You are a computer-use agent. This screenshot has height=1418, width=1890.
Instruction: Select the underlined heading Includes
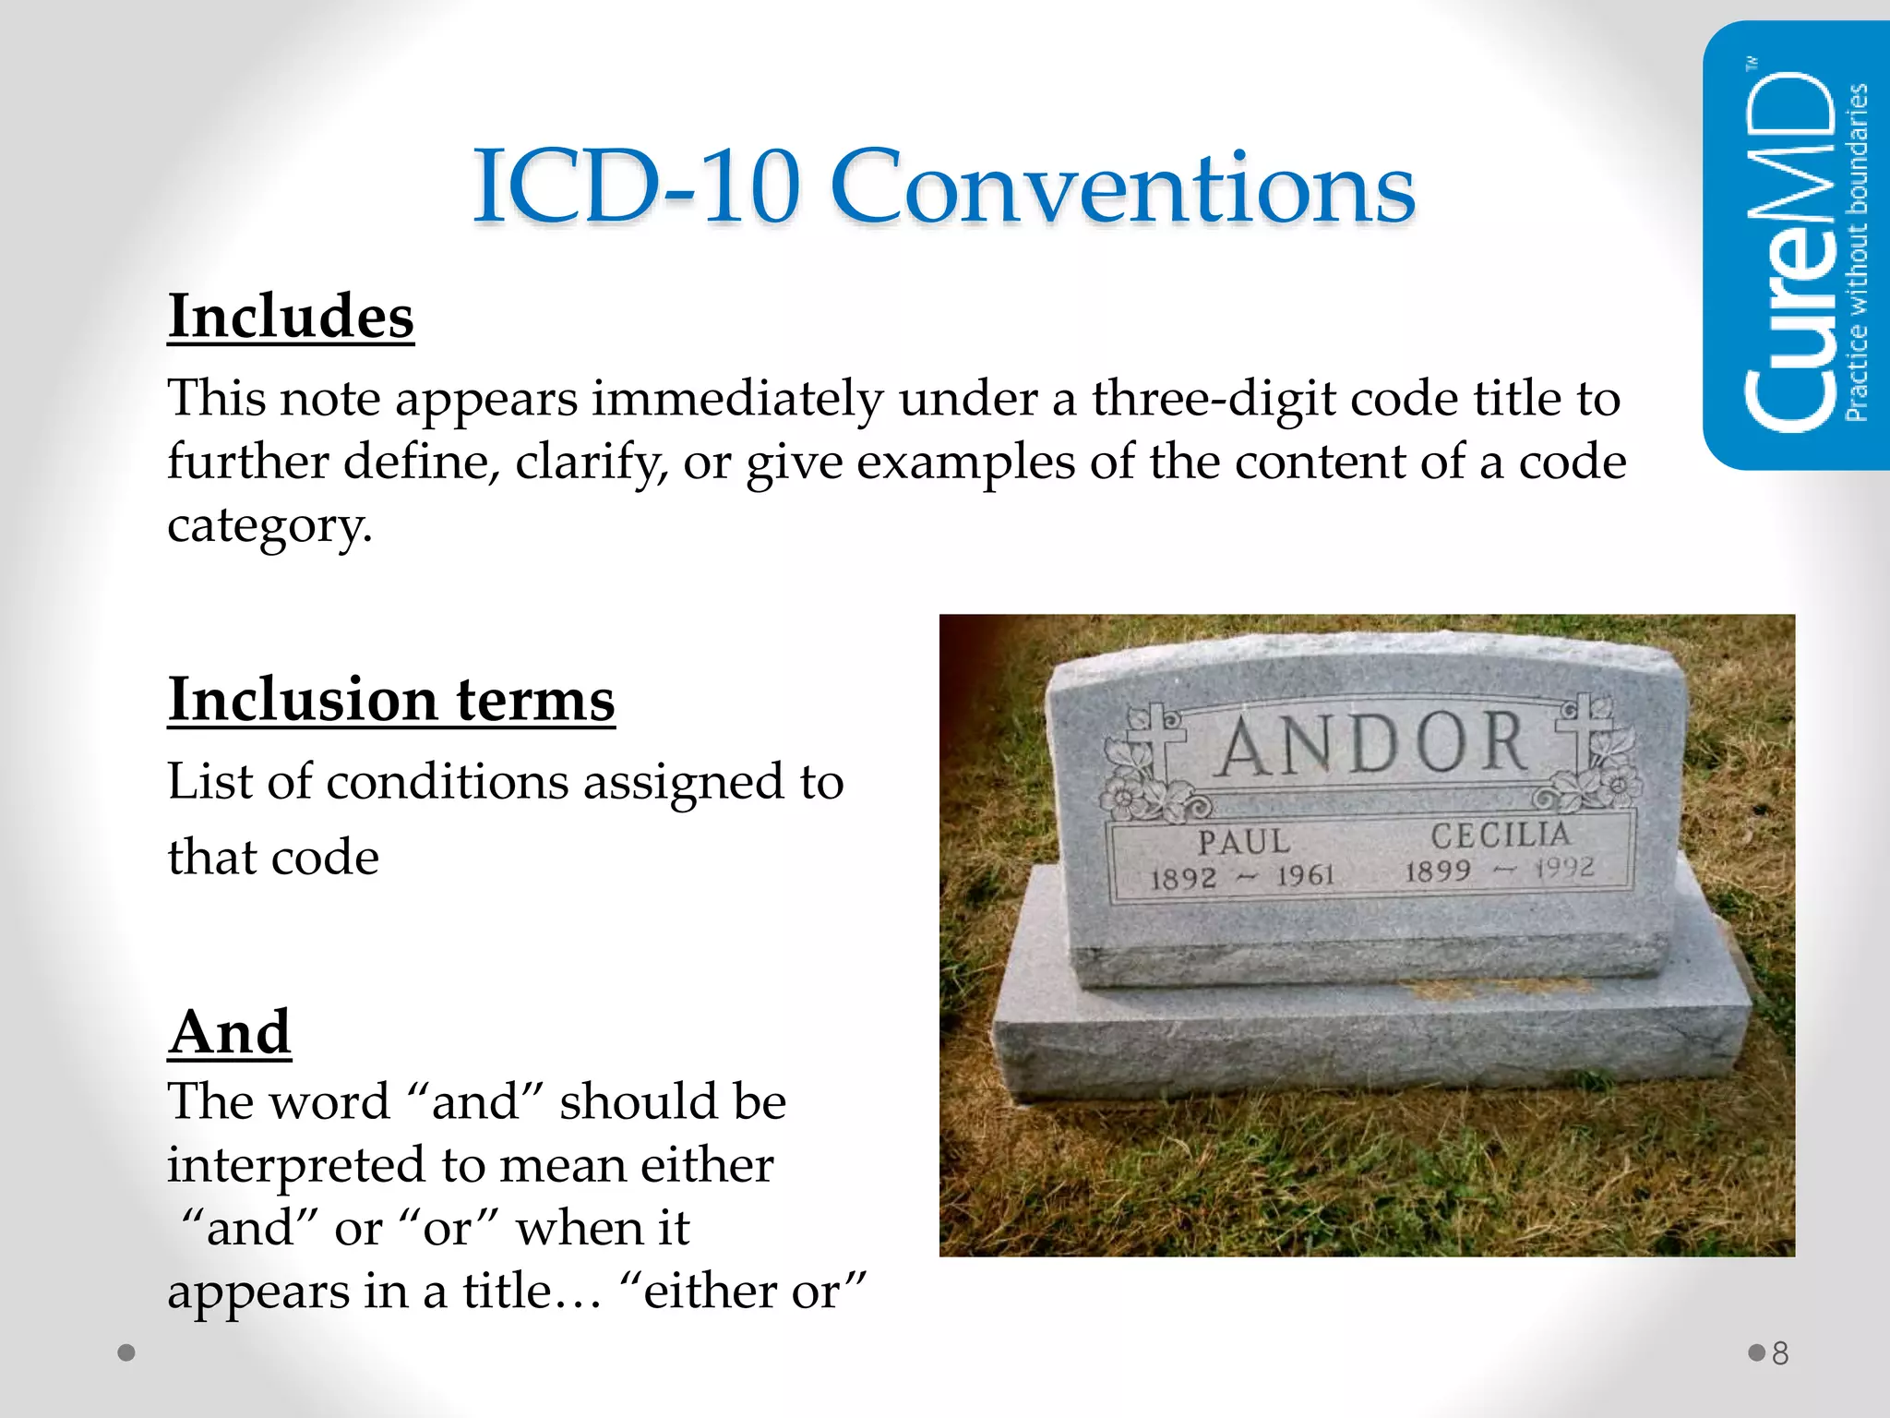(x=291, y=317)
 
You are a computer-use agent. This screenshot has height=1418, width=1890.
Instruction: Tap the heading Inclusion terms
(x=391, y=700)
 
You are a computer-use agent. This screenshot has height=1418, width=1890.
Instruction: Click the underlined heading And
(x=230, y=1031)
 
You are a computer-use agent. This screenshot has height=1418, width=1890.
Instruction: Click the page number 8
(x=1780, y=1353)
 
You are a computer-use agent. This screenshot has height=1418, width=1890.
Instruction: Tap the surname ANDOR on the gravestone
(x=1371, y=744)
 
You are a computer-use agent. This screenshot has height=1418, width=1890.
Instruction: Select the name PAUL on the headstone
(x=1244, y=842)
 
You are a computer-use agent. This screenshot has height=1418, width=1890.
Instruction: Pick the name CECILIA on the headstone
(x=1501, y=835)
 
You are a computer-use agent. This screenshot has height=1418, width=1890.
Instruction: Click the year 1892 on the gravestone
(x=1184, y=877)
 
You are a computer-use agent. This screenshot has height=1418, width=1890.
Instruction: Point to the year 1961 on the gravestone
(x=1305, y=874)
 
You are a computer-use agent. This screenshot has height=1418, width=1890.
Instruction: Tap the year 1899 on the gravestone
(x=1438, y=871)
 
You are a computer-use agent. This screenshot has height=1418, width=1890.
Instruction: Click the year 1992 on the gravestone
(x=1564, y=868)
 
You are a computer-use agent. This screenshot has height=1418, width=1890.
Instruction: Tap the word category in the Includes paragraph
(x=269, y=526)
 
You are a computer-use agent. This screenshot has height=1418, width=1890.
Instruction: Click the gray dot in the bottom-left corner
(x=127, y=1353)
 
